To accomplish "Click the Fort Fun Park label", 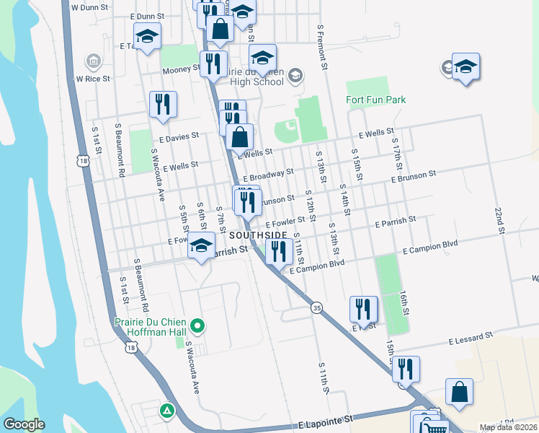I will (x=375, y=100).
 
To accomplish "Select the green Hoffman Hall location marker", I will (x=202, y=326).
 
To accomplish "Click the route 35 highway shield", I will (x=316, y=308).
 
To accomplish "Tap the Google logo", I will (x=24, y=424).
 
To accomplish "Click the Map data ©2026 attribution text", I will (x=508, y=427).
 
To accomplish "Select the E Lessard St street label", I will (x=471, y=336).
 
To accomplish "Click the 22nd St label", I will (x=498, y=216).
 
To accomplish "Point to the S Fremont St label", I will (x=323, y=45).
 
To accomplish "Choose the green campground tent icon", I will (x=167, y=411).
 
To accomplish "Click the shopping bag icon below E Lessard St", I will (x=459, y=392).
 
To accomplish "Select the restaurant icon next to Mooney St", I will (x=213, y=64).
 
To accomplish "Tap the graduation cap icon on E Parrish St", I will (x=201, y=247).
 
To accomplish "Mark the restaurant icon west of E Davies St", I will (x=163, y=104).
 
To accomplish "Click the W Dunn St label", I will (x=89, y=6).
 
